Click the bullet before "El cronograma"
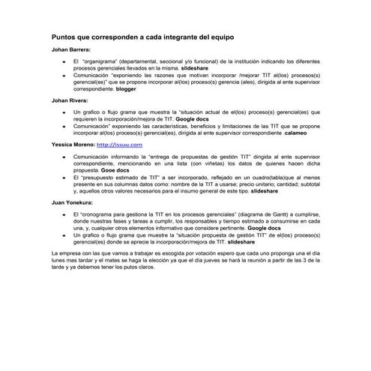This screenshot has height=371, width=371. (64, 214)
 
